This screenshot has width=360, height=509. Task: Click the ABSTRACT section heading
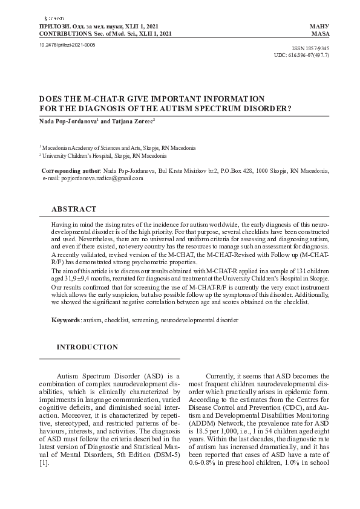click(x=74, y=209)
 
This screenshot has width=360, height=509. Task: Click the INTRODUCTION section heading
click(x=87, y=347)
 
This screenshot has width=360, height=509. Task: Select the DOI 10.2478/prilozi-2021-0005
click(x=67, y=45)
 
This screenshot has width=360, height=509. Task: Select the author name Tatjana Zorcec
click(x=133, y=121)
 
